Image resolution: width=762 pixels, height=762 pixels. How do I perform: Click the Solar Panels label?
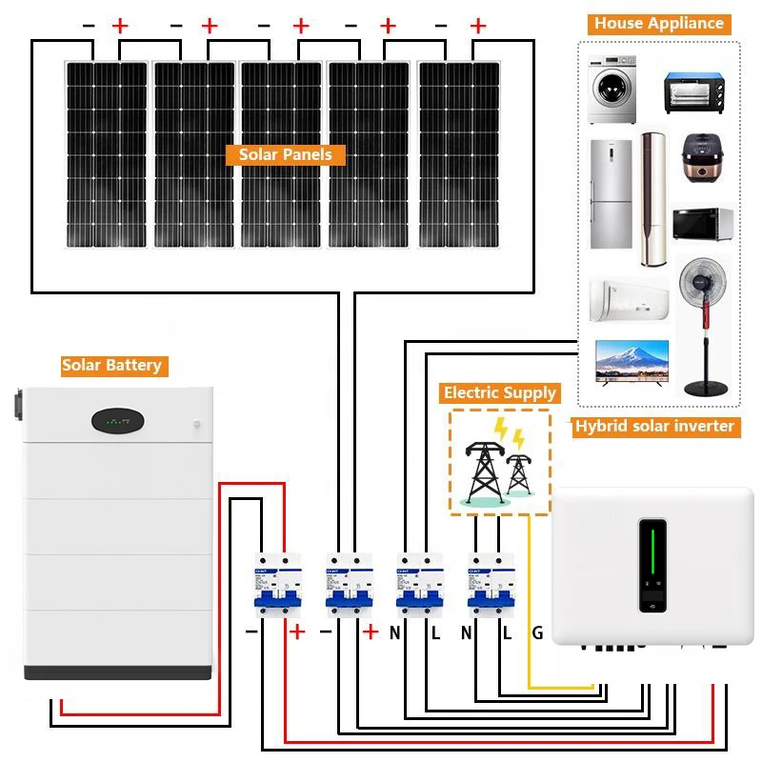[285, 154]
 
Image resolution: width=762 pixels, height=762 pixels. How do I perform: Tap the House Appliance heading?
[659, 24]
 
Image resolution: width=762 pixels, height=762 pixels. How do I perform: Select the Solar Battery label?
[111, 365]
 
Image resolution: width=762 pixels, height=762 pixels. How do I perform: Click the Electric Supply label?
[499, 392]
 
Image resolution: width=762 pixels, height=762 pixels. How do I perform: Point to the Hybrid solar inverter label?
[654, 426]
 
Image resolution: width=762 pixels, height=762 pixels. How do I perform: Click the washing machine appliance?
[611, 90]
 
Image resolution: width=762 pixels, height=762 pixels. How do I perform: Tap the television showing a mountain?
[631, 362]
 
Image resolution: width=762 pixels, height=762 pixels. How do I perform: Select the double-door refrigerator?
[611, 194]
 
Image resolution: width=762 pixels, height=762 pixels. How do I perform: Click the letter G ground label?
[537, 632]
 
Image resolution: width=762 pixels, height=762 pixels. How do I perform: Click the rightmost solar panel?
[459, 152]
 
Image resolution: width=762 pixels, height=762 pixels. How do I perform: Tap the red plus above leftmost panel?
[120, 27]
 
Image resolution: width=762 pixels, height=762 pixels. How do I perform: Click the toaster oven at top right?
[700, 91]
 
